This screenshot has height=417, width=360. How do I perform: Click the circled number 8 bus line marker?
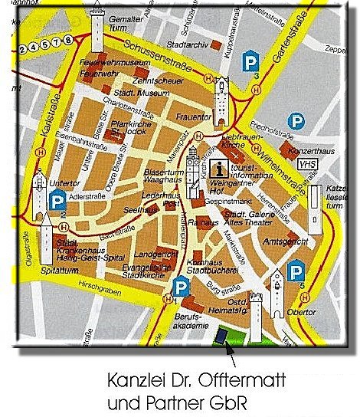click(68, 39)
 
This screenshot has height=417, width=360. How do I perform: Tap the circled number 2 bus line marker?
click(23, 50)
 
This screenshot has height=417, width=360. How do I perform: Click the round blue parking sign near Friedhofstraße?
click(295, 121)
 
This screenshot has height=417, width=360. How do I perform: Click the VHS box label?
click(307, 164)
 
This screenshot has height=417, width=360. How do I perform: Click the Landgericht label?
click(153, 254)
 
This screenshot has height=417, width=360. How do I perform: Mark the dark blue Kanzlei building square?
click(222, 334)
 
